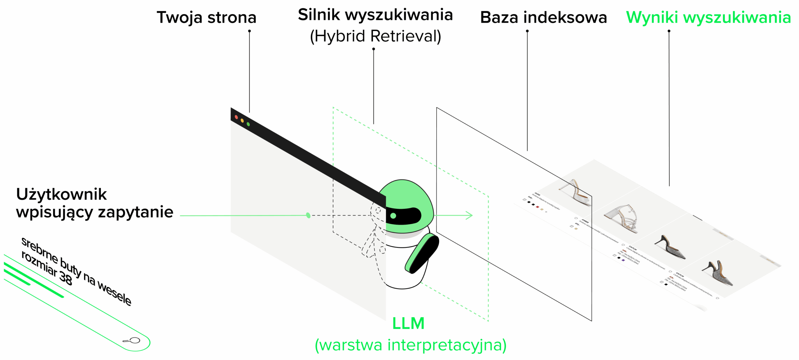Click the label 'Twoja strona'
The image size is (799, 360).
click(206, 17)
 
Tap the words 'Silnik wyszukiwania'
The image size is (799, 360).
click(375, 15)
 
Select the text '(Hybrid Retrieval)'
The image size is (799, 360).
click(375, 36)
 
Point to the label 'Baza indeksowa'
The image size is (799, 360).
click(543, 17)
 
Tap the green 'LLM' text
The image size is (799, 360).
click(408, 323)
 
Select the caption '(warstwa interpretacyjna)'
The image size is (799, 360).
click(410, 345)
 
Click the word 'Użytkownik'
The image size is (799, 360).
click(61, 195)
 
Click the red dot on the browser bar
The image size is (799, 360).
click(236, 117)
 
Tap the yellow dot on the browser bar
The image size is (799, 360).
click(242, 121)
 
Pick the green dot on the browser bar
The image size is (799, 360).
click(248, 124)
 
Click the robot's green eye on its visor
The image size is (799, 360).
click(393, 215)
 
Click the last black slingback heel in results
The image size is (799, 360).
click(718, 273)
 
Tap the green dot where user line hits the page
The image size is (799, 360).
click(308, 215)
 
